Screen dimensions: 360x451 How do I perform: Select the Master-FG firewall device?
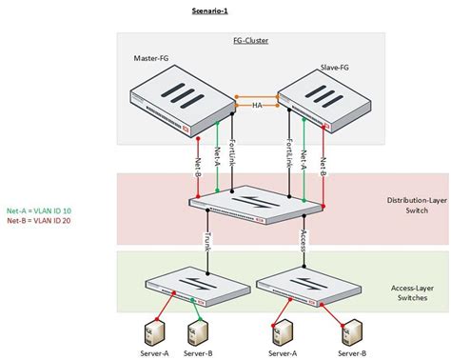pyautogui.click(x=178, y=97)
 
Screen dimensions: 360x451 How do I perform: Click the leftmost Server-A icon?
pyautogui.click(x=148, y=334)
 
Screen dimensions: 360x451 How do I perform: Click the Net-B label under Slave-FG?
pyautogui.click(x=324, y=155)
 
